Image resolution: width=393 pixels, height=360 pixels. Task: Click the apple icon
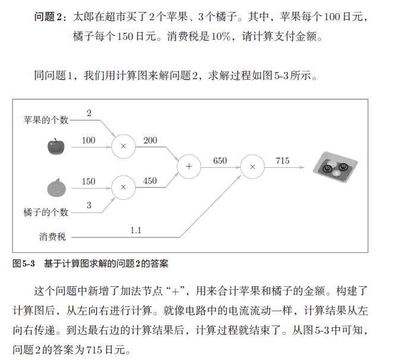click(x=55, y=146)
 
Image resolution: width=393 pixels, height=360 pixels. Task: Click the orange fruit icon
click(x=55, y=187)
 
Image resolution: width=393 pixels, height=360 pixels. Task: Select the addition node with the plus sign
click(x=189, y=167)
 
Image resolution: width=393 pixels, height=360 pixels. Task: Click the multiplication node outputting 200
click(x=123, y=146)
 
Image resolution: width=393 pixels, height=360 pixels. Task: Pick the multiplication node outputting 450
click(x=123, y=187)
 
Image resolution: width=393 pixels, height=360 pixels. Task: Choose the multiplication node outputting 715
click(x=252, y=167)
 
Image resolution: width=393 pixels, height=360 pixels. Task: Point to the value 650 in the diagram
click(x=221, y=161)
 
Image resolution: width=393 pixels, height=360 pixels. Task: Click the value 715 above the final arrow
click(x=283, y=161)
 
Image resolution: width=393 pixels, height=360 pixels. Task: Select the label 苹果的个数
click(x=46, y=120)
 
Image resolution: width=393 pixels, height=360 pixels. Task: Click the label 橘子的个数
click(x=46, y=212)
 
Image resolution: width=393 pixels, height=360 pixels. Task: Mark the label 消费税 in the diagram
click(x=53, y=237)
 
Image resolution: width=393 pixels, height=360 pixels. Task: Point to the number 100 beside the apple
click(x=88, y=140)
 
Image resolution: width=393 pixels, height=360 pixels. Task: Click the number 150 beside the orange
click(x=88, y=181)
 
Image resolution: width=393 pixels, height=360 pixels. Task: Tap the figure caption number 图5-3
click(x=24, y=262)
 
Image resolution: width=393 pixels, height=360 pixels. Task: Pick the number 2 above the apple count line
click(x=89, y=113)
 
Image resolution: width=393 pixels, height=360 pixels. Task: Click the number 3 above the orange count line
click(x=89, y=205)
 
